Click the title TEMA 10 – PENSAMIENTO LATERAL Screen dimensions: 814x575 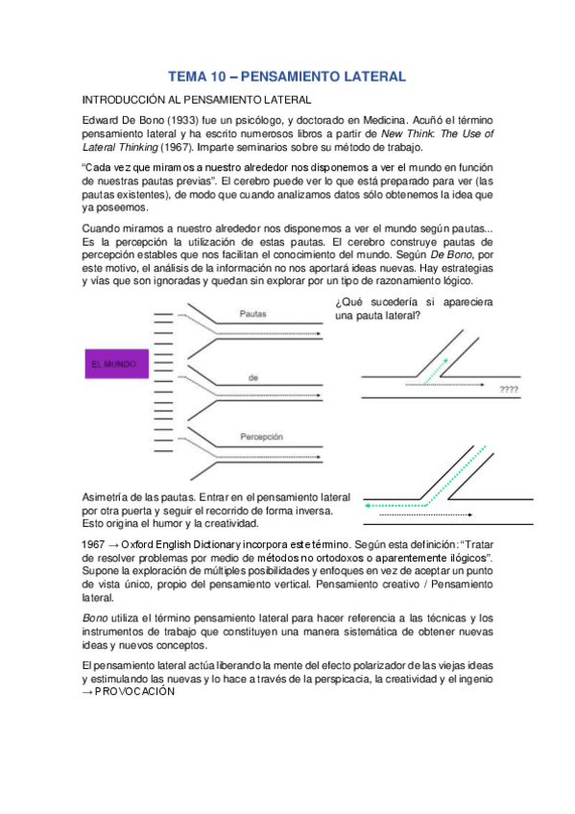[287, 75]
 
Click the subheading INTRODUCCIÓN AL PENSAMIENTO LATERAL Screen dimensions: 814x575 [196, 99]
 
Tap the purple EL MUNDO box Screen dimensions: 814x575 [112, 364]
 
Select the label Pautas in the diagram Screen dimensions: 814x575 [252, 313]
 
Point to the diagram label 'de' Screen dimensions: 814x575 [253, 378]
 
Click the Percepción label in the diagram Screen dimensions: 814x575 [263, 436]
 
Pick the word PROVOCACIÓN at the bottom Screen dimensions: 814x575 [135, 691]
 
